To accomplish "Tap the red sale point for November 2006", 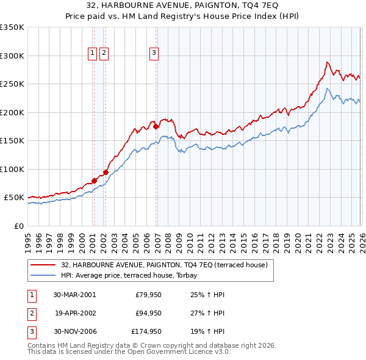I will coord(156,127).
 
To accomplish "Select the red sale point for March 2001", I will coord(95,181).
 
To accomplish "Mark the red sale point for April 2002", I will coord(106,172).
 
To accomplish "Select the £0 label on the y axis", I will coord(18,226).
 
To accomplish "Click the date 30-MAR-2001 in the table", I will coord(74,295).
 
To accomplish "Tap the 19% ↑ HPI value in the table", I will coord(209,333).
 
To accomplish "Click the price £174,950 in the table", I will coord(146,333).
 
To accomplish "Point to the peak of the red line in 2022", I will coord(328,62).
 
